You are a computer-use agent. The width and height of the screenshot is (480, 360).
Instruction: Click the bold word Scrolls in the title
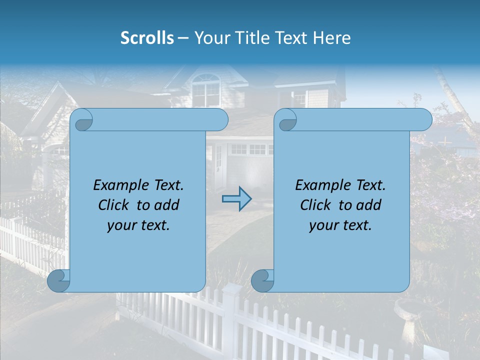(147, 38)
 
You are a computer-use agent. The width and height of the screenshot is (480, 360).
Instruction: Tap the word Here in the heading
(332, 38)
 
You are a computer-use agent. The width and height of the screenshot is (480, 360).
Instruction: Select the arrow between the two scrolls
(236, 199)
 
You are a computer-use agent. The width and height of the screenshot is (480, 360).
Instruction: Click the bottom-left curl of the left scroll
(59, 280)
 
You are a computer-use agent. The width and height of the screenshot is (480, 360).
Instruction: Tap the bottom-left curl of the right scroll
(262, 280)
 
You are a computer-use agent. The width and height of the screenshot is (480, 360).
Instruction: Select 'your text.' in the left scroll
(138, 225)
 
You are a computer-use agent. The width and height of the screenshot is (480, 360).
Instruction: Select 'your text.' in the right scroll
(340, 225)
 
